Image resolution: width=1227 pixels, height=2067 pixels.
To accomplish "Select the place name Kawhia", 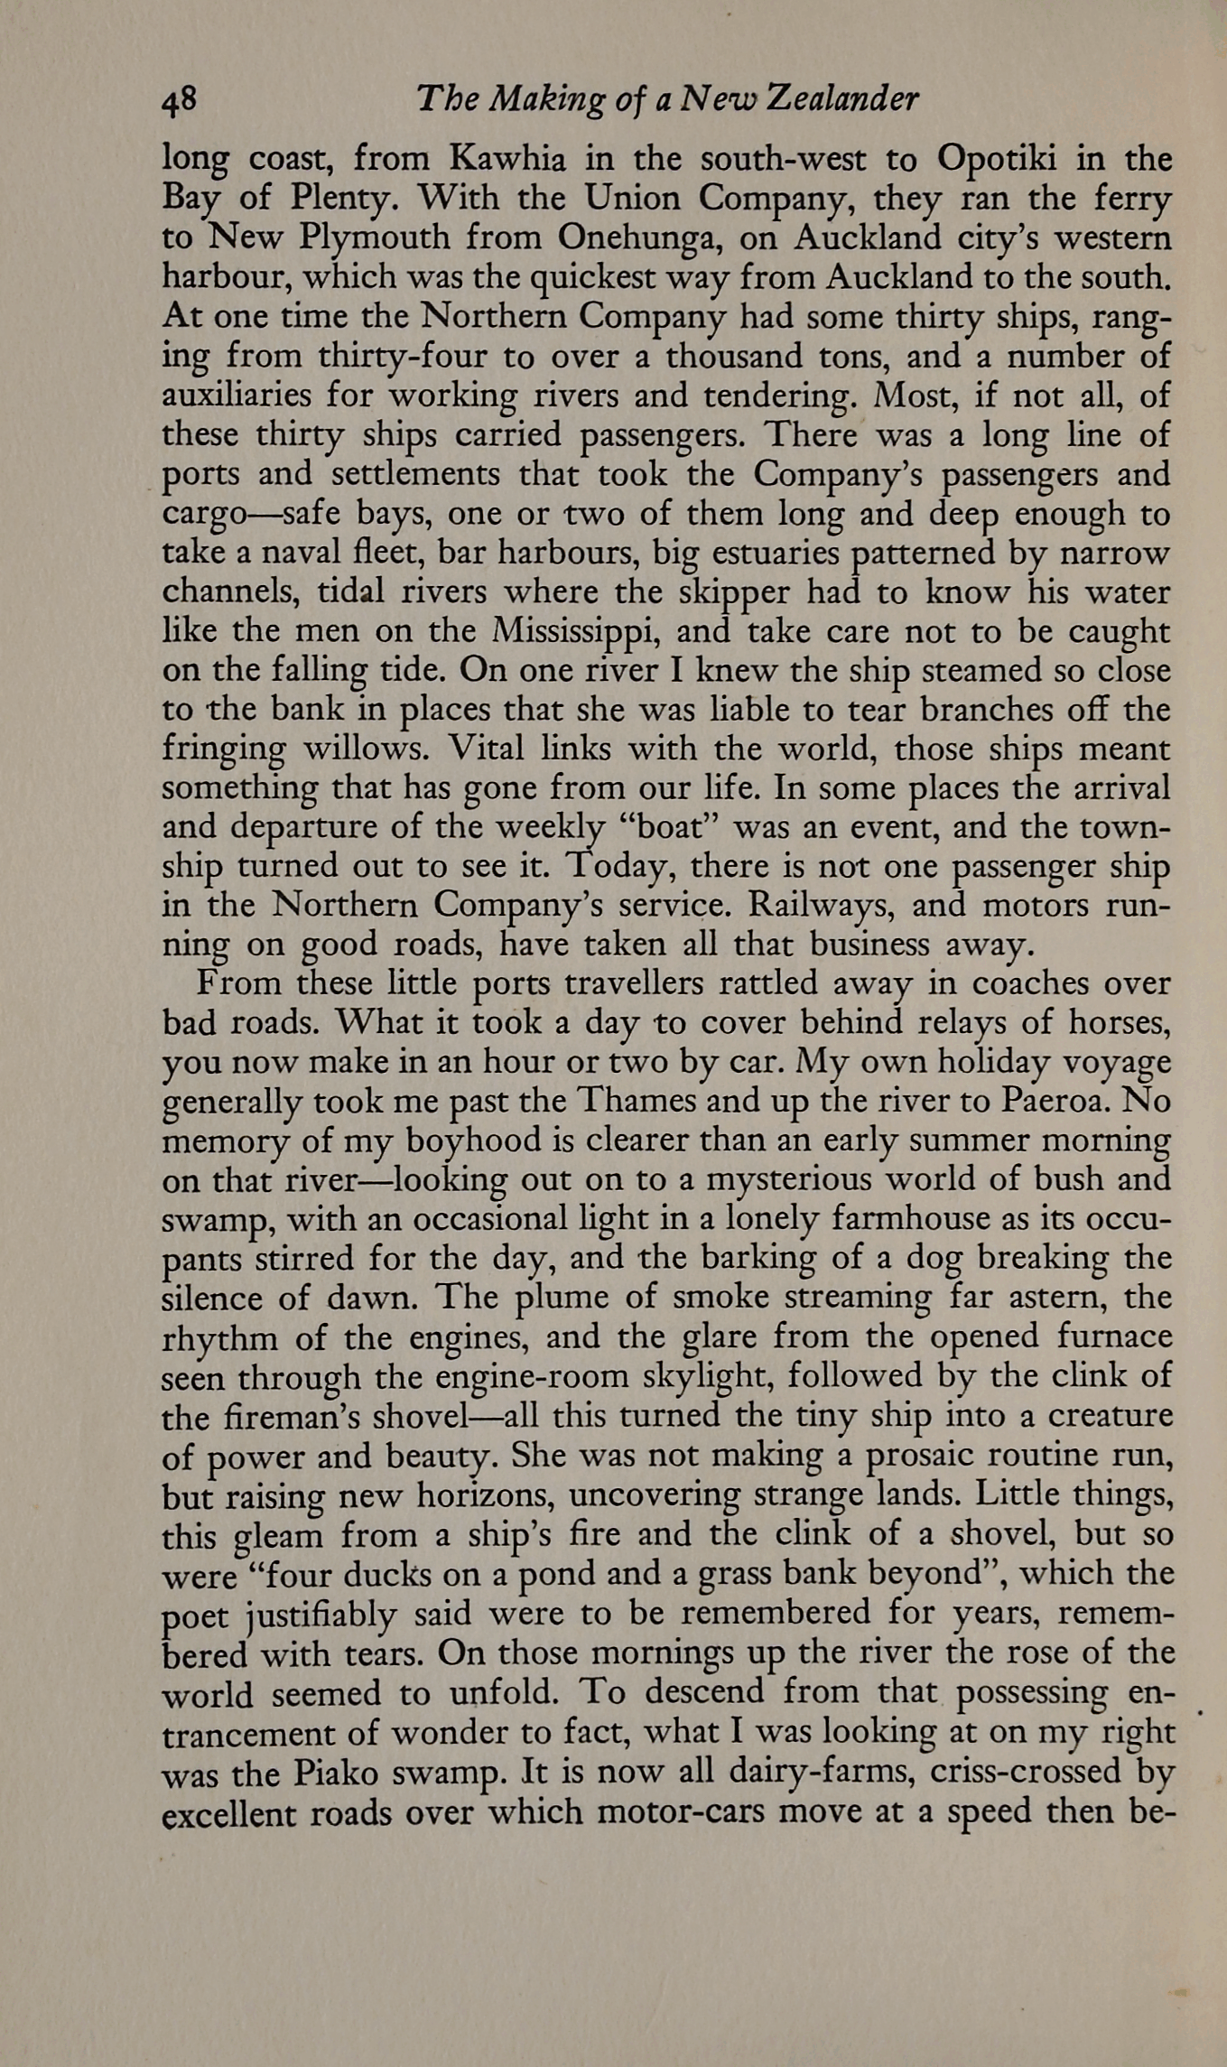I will tap(508, 160).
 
